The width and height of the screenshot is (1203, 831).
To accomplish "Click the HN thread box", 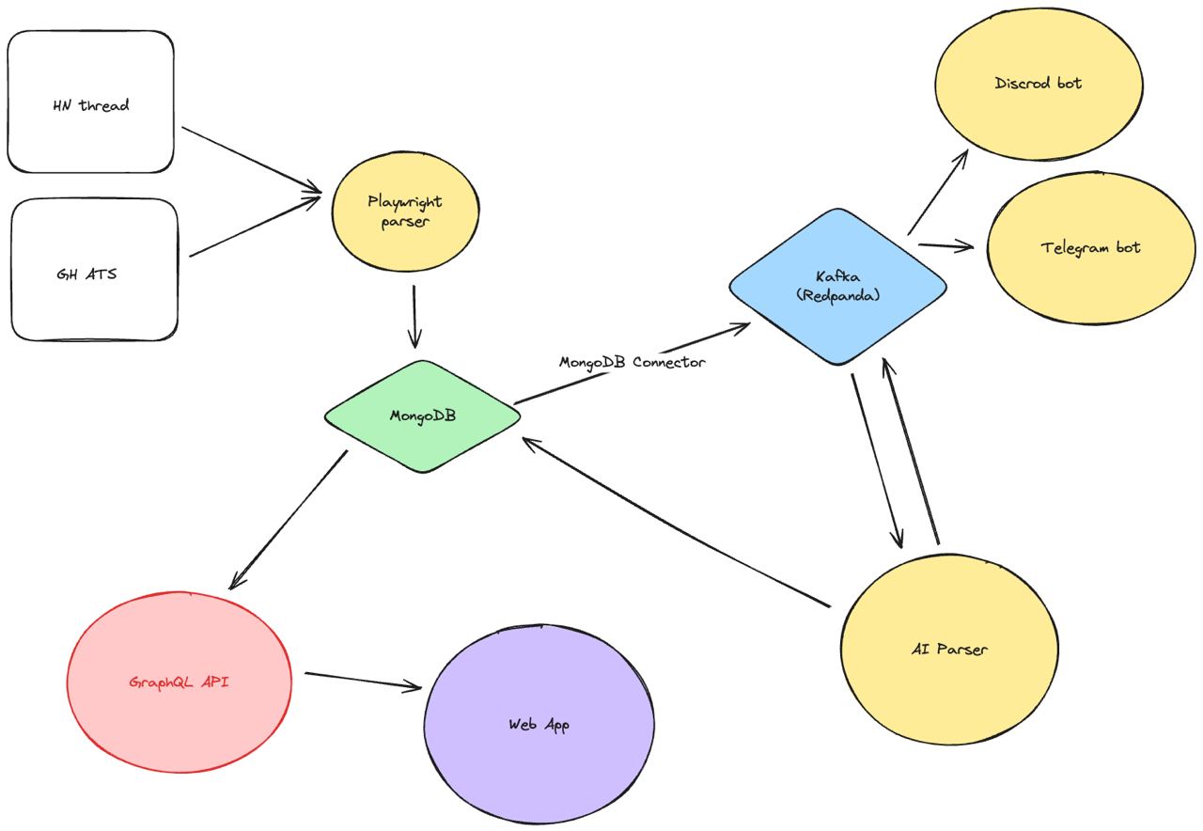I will pyautogui.click(x=91, y=102).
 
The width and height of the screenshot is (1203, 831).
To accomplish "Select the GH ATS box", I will pyautogui.click(x=94, y=270).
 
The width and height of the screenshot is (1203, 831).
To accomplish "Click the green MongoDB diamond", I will pyautogui.click(x=422, y=415).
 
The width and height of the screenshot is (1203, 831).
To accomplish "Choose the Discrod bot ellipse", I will pyautogui.click(x=1039, y=84).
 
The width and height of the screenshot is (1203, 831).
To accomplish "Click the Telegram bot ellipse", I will pyautogui.click(x=1090, y=248).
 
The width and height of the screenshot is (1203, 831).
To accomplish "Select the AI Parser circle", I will pyautogui.click(x=949, y=648).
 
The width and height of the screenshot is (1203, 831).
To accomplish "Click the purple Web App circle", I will pyautogui.click(x=539, y=725).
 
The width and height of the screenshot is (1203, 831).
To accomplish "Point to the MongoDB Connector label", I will pyautogui.click(x=632, y=362).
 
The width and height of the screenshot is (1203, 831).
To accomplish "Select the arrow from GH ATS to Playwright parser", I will pyautogui.click(x=254, y=227).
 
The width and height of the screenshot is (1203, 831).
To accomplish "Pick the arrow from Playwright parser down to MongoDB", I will pyautogui.click(x=414, y=316).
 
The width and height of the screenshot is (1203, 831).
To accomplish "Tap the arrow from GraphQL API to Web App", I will pyautogui.click(x=363, y=681).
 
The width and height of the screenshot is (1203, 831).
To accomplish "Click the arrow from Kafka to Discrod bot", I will pyautogui.click(x=938, y=193).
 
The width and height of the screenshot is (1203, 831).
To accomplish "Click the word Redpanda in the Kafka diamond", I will pyautogui.click(x=838, y=294).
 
